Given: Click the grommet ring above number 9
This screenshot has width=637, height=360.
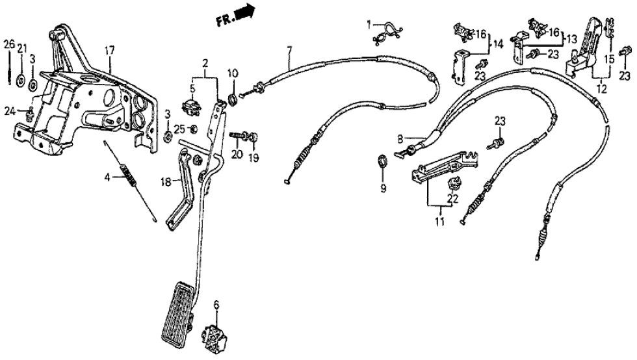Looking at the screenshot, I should click(383, 160).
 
